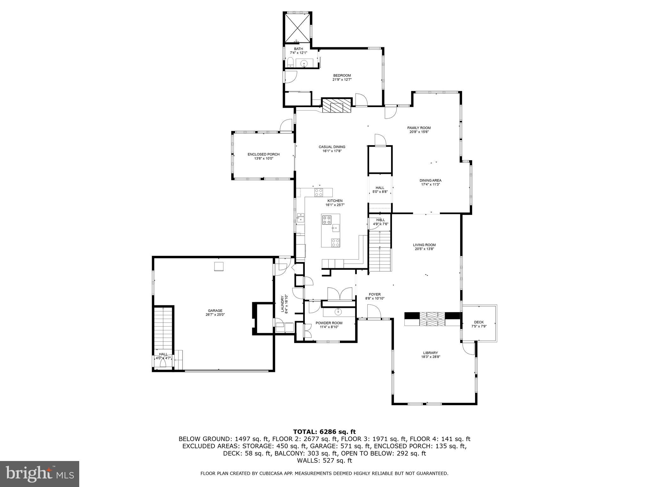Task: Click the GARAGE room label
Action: point(215,310)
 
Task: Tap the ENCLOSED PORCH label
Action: point(263,154)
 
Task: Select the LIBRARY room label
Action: point(430,353)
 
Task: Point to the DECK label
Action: point(479,322)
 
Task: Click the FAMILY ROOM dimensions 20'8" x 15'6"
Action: point(419,132)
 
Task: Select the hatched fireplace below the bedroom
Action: point(337,106)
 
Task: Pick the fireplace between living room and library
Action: point(432,319)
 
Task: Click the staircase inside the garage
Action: point(163,328)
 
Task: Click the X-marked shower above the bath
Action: point(298,27)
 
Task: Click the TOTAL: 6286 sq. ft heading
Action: point(324,432)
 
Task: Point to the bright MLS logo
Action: point(40,474)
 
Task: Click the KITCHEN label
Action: point(335,201)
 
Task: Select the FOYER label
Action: point(375,294)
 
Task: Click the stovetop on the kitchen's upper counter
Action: point(318,192)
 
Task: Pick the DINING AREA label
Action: point(430,180)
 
